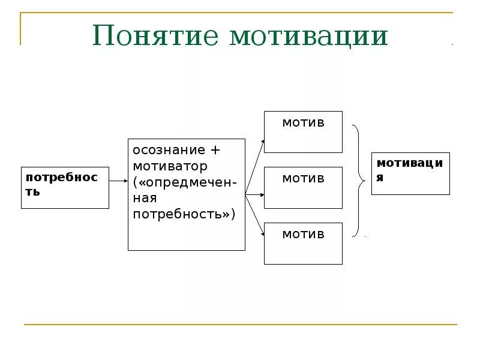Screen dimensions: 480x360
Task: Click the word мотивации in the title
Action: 308,36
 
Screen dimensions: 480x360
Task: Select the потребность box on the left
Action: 65,187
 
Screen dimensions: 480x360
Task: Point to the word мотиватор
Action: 170,166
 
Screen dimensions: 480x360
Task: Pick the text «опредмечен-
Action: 185,182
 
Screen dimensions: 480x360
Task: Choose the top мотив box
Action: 303,132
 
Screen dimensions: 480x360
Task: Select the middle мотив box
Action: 303,188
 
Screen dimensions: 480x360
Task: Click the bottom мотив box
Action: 303,244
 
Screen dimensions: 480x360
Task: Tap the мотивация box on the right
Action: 410,173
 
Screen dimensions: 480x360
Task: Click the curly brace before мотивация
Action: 358,181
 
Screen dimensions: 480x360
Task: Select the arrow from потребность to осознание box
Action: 118,180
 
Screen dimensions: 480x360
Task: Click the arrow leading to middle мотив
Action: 255,194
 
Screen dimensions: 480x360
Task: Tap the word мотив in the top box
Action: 303,123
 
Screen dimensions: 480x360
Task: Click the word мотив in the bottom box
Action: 303,234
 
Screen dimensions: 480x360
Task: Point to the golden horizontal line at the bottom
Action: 240,325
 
